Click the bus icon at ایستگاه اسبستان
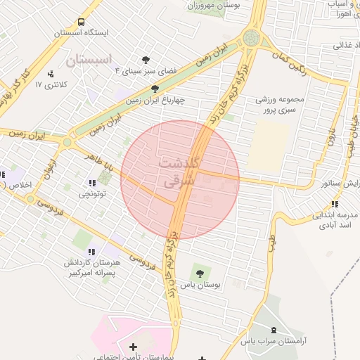(82, 22)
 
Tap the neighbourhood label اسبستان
(90, 60)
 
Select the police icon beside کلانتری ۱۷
(50, 74)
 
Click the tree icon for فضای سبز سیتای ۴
(146, 60)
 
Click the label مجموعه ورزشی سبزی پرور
(280, 105)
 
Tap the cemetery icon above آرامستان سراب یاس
(274, 330)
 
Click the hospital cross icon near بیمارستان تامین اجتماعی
(133, 346)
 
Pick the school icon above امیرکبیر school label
(91, 251)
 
